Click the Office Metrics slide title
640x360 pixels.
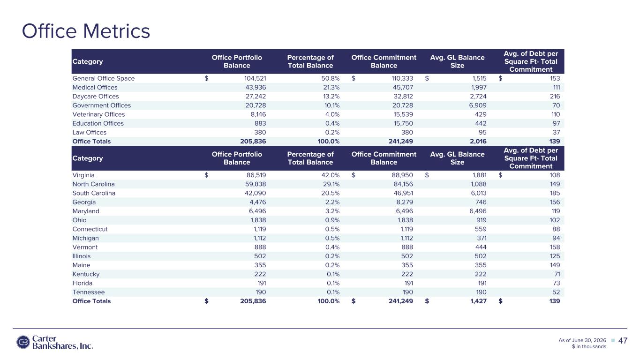tap(86, 31)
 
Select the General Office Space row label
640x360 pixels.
tap(104, 78)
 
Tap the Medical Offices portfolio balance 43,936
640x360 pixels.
tap(256, 87)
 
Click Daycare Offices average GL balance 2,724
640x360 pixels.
tap(478, 96)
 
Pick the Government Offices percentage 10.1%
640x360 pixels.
tap(331, 105)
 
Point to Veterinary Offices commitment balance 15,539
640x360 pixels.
tap(403, 114)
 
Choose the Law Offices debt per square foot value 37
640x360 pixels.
tap(556, 132)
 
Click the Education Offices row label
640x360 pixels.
tap(98, 123)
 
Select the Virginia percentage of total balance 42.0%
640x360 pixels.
tap(330, 175)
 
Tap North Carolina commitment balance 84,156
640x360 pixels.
tap(403, 184)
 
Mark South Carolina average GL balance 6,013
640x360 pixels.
tap(479, 193)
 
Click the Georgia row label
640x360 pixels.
tap(84, 202)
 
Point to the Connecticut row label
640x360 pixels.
tap(90, 229)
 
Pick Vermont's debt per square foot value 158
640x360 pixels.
tap(555, 247)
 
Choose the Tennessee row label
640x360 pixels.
tap(89, 292)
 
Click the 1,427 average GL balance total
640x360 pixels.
tap(478, 301)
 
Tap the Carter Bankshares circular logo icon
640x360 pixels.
tap(23, 342)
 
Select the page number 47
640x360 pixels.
tap(623, 341)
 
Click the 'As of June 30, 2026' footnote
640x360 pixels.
tap(582, 340)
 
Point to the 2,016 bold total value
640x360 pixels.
tap(478, 141)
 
